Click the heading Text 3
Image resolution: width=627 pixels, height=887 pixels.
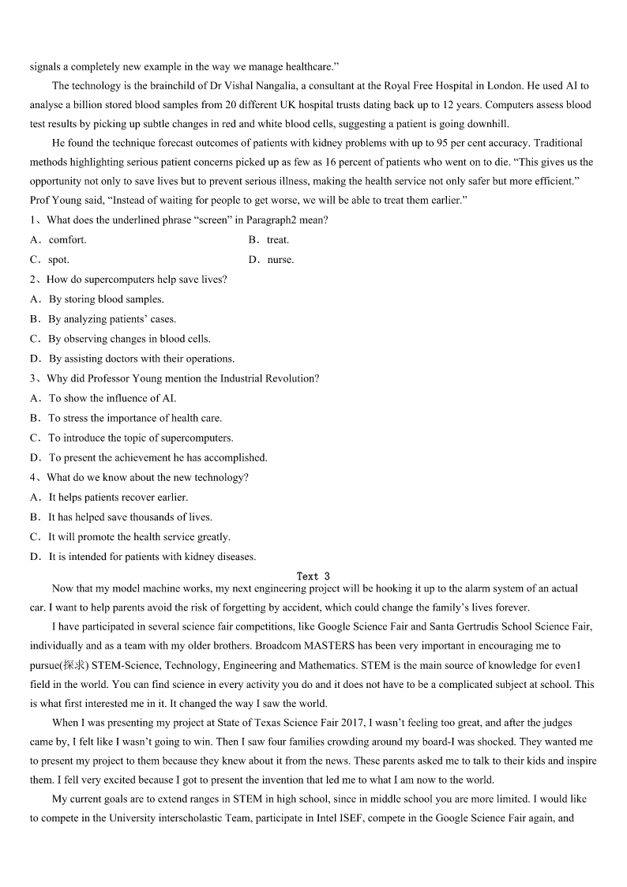tap(313, 577)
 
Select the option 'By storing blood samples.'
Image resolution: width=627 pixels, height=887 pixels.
tap(106, 299)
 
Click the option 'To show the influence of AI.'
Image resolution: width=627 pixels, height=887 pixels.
tap(112, 398)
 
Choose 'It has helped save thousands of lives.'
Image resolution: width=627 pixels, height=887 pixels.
tap(130, 517)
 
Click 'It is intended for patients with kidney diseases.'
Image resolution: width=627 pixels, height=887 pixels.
tap(152, 557)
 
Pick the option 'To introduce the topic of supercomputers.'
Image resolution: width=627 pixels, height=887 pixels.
tap(141, 438)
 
